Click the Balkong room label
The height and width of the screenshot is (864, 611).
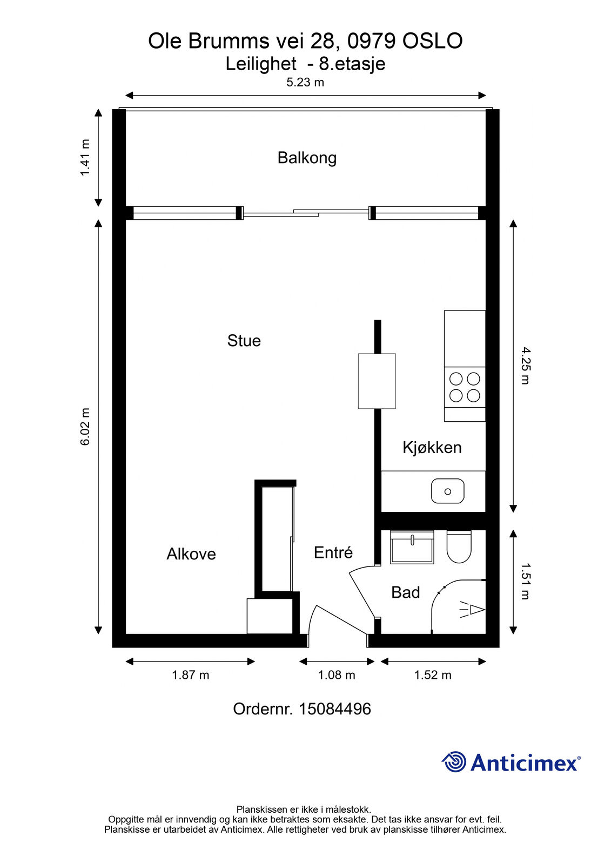pyautogui.click(x=307, y=158)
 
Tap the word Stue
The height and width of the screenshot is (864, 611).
pyautogui.click(x=244, y=341)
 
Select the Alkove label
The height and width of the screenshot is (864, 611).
pyautogui.click(x=191, y=554)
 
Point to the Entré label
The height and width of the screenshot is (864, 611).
pyautogui.click(x=333, y=552)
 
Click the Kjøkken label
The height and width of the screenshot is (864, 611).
pyautogui.click(x=432, y=448)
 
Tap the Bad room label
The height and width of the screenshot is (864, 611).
pyautogui.click(x=405, y=592)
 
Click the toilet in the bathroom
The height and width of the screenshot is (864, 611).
pyautogui.click(x=459, y=546)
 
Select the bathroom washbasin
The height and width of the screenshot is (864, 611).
pyautogui.click(x=412, y=547)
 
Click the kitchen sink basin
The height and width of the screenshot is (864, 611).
pyautogui.click(x=448, y=491)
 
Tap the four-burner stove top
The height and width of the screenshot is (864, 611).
pyautogui.click(x=465, y=387)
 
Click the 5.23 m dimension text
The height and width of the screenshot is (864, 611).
pyautogui.click(x=305, y=82)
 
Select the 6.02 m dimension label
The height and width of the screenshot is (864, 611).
pyautogui.click(x=85, y=427)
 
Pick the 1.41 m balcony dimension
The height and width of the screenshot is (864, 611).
pyautogui.click(x=85, y=157)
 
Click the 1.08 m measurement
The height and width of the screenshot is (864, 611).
pyautogui.click(x=336, y=675)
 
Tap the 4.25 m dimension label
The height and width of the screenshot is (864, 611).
pyautogui.click(x=526, y=366)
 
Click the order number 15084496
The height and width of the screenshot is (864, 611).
pyautogui.click(x=334, y=709)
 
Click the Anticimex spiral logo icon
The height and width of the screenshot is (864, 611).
pyautogui.click(x=453, y=762)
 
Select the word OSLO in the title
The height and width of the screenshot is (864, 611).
pyautogui.click(x=433, y=41)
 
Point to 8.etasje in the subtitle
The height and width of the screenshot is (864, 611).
pyautogui.click(x=352, y=64)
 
